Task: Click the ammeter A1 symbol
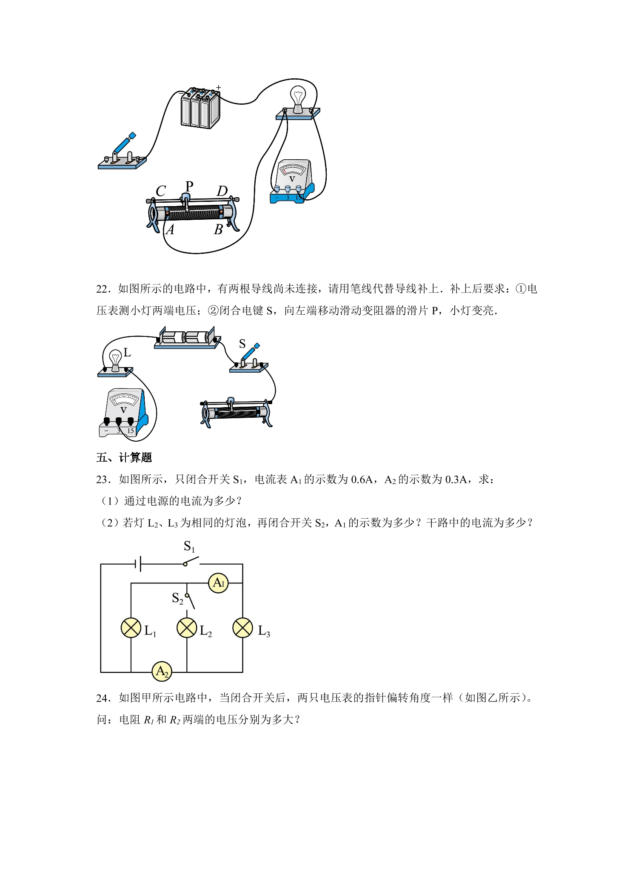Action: (218, 583)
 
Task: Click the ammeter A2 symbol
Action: (162, 672)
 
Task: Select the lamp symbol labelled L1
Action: (131, 628)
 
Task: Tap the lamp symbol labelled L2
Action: (187, 628)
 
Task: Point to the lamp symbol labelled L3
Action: (243, 628)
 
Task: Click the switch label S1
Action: (189, 546)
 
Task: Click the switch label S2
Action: (177, 598)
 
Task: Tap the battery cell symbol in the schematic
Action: (138, 564)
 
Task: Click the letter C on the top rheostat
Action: (161, 191)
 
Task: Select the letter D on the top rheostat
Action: (222, 191)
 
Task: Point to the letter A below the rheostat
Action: (170, 230)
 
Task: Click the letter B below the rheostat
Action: (218, 230)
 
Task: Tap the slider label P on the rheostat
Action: (189, 186)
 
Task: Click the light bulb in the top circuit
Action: (298, 100)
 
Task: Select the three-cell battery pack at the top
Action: (200, 108)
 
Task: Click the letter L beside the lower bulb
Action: (127, 353)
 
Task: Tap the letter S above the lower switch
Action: (242, 343)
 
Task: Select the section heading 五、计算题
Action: (124, 458)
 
